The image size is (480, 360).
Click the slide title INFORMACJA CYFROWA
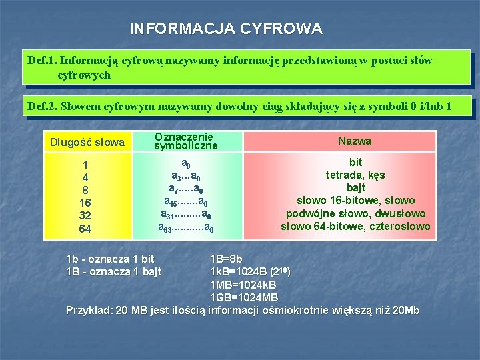225,29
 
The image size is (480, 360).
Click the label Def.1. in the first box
41,61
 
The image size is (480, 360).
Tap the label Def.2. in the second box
41,105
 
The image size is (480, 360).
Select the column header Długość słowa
86,142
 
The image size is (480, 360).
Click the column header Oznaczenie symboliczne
186,141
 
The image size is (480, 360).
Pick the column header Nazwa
355,141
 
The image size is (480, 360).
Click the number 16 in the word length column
85,203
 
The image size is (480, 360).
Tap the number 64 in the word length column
85,229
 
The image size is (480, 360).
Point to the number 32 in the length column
85,216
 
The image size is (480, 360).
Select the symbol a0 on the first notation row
186,164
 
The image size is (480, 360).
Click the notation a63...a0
186,228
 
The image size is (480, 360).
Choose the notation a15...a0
186,201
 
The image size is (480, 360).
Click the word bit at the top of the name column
355,163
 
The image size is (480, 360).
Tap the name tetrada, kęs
355,175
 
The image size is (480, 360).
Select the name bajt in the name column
355,188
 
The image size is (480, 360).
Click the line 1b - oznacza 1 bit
110,259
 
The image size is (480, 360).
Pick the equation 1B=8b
226,259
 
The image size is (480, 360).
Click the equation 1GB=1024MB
244,297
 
